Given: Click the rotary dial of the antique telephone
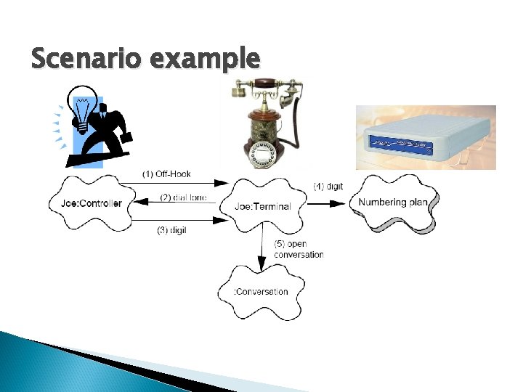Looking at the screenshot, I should [x=259, y=155].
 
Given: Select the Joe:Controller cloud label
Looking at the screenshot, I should [x=91, y=203].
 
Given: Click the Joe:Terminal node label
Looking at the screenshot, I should [x=262, y=206].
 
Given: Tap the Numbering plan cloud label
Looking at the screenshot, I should [x=393, y=202].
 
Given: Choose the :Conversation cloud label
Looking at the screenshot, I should [x=261, y=292].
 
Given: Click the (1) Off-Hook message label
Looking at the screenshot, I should [x=166, y=174].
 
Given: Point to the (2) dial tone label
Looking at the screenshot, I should [x=183, y=197].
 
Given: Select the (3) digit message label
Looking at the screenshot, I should [x=171, y=230].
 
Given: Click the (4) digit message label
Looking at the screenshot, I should [x=328, y=187].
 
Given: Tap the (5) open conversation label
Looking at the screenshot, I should [x=299, y=249].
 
